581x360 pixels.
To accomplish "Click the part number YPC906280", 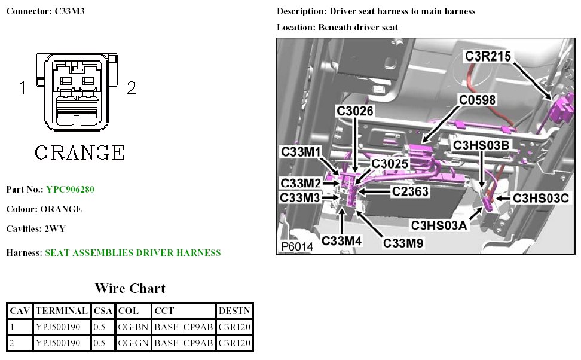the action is (70, 190).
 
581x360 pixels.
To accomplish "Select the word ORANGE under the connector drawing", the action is (79, 152).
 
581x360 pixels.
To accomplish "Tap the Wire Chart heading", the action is (130, 288).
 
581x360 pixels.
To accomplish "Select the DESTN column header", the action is (234, 312).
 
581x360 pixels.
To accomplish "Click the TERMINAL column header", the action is (62, 312).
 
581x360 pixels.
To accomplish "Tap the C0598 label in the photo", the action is (477, 100).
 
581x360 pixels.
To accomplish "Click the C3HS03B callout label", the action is (481, 145).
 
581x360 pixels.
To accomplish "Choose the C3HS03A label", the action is (439, 225).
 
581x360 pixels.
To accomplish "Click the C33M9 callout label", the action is (403, 243).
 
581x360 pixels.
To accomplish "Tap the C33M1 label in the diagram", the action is (301, 152).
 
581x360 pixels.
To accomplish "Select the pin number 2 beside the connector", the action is (132, 89).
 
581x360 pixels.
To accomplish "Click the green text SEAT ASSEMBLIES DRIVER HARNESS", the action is (133, 253).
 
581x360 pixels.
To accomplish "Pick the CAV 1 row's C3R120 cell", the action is (234, 327).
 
